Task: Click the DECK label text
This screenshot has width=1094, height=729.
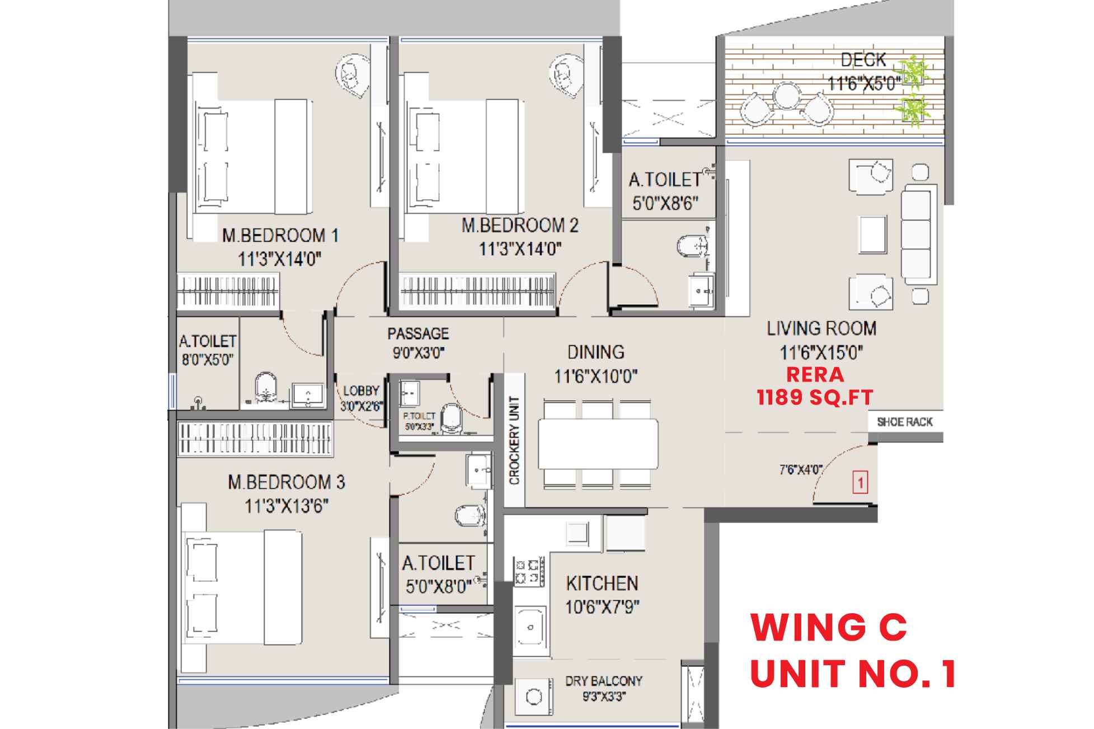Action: [863, 59]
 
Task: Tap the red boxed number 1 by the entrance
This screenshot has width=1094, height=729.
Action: [860, 483]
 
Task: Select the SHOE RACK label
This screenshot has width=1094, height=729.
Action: [905, 422]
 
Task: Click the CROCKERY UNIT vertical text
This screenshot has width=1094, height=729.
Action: [514, 441]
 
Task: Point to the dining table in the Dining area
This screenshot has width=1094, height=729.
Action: [598, 444]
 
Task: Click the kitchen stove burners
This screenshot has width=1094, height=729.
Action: [529, 571]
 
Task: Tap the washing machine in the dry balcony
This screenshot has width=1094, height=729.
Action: [534, 697]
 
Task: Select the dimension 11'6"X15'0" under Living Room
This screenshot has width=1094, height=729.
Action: [821, 353]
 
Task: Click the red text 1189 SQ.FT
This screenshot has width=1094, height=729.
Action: [815, 397]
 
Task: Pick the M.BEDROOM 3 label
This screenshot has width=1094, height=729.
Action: [286, 482]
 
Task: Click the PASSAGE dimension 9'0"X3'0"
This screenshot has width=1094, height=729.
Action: [418, 354]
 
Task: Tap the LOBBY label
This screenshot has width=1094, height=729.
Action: [361, 391]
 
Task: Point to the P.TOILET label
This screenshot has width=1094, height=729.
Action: [419, 416]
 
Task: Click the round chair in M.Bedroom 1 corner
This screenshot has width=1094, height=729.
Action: [350, 73]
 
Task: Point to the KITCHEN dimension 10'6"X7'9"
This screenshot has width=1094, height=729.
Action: [602, 606]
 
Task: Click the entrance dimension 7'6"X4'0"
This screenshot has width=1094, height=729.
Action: [801, 470]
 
